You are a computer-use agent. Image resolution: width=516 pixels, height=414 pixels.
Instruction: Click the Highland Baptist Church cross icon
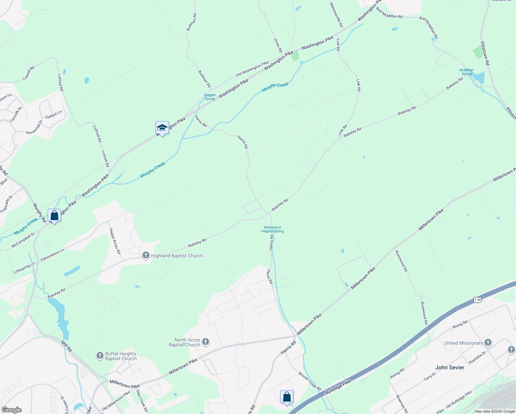tap(146, 256)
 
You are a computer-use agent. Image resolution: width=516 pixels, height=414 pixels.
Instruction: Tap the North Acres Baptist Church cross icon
tap(206, 342)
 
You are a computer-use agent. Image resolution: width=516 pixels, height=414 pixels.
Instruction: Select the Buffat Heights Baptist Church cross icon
tap(100, 356)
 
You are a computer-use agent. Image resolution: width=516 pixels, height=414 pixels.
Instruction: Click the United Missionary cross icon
tap(488, 343)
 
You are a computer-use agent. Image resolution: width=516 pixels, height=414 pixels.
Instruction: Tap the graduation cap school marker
tap(162, 128)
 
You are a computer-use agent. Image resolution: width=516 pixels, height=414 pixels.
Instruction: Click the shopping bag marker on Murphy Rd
tap(54, 216)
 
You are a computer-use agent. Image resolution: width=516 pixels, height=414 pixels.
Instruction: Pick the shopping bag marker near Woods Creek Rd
tap(287, 397)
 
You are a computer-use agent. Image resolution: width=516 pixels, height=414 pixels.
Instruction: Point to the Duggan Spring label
tap(210, 97)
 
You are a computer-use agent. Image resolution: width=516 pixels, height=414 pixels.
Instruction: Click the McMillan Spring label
tap(466, 72)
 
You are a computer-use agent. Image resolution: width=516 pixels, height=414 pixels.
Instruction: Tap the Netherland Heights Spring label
tap(272, 229)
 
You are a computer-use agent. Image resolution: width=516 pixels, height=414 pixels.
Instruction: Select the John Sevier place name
tap(449, 367)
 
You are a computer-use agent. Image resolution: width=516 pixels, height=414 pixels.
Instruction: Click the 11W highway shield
tap(477, 300)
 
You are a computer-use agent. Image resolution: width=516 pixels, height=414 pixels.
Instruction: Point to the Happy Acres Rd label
tap(115, 241)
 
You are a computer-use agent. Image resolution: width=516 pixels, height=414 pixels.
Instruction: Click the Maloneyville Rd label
tap(336, 15)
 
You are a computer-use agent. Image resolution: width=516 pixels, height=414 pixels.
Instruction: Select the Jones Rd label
tap(278, 45)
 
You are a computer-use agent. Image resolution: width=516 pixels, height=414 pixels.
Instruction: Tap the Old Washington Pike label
tap(252, 69)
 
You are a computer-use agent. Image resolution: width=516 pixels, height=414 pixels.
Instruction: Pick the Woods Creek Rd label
tap(310, 381)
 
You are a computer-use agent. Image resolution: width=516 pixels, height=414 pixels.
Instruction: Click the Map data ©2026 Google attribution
tap(494, 411)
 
